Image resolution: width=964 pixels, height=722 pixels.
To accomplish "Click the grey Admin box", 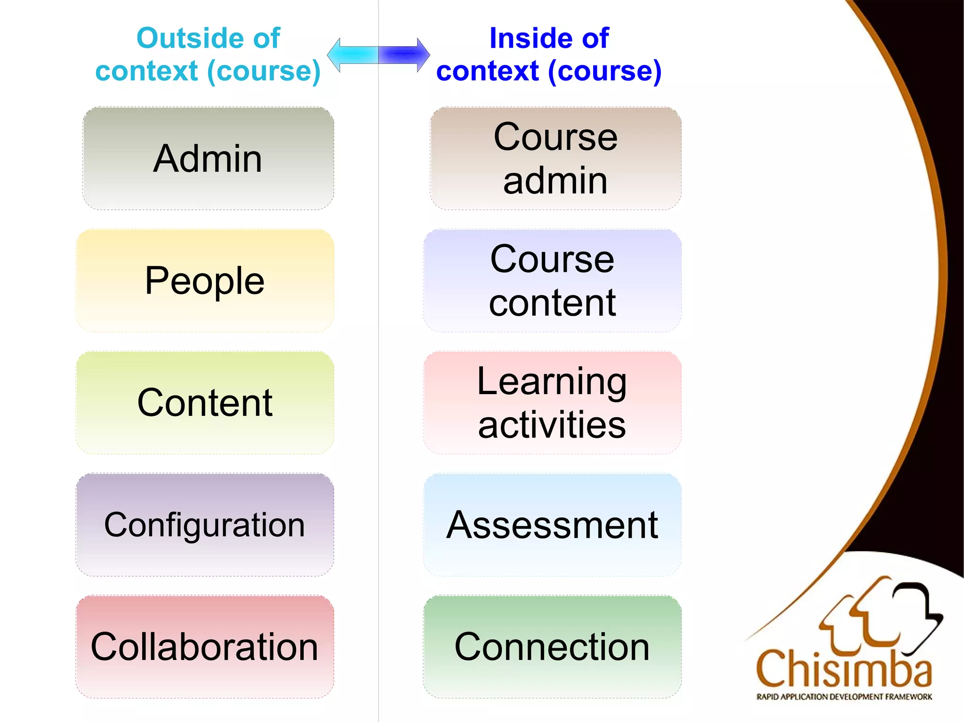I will pos(208,159).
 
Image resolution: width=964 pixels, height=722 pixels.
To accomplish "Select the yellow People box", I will pos(205,281).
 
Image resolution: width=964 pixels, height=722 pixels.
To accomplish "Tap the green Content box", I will pos(205,403).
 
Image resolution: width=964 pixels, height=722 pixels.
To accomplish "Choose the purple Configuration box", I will pos(205,525).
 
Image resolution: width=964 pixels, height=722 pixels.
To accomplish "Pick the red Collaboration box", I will pos(205,647).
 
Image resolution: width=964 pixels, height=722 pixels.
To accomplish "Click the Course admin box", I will pos(555,159).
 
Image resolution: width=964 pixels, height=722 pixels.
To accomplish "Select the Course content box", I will pos(552,281).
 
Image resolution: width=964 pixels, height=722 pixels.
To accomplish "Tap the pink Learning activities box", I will pos(552,403).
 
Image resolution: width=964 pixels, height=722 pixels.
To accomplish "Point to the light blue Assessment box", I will pos(552,525).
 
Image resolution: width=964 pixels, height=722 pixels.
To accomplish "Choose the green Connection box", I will pos(552,647).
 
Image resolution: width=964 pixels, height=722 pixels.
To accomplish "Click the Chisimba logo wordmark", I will pos(844,669).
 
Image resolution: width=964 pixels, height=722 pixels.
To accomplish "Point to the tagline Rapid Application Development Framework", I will pos(844,697).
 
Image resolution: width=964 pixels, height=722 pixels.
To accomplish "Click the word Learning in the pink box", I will pos(552,381).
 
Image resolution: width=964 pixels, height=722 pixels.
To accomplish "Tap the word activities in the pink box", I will pos(552,424).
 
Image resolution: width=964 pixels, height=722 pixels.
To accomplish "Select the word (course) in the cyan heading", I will pos(264,71).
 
